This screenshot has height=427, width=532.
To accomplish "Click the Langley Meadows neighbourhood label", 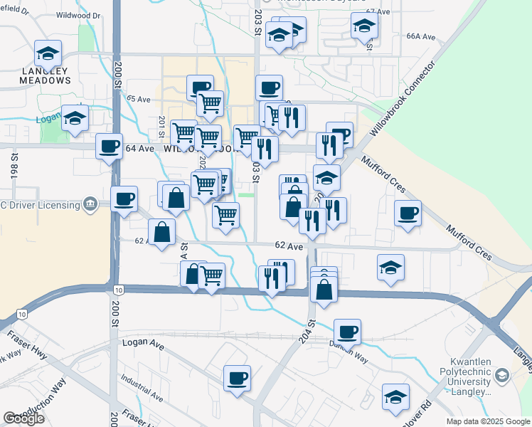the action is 46,75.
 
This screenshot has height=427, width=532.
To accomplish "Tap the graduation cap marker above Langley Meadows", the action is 48,53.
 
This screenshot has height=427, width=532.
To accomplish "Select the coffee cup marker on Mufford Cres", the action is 408,213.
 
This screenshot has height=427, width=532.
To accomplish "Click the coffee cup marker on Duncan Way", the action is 347,332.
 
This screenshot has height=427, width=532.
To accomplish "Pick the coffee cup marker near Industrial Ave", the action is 238,378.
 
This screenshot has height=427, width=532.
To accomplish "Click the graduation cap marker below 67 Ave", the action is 364,26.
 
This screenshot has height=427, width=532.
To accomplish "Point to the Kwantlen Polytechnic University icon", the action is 502,375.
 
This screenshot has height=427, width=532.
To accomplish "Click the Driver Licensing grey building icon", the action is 90,205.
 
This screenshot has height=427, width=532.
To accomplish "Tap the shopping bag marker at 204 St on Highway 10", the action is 324,290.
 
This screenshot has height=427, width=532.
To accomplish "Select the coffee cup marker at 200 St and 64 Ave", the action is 110,147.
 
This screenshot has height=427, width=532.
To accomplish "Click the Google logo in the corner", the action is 23,418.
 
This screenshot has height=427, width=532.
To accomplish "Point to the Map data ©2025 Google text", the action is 487,421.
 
